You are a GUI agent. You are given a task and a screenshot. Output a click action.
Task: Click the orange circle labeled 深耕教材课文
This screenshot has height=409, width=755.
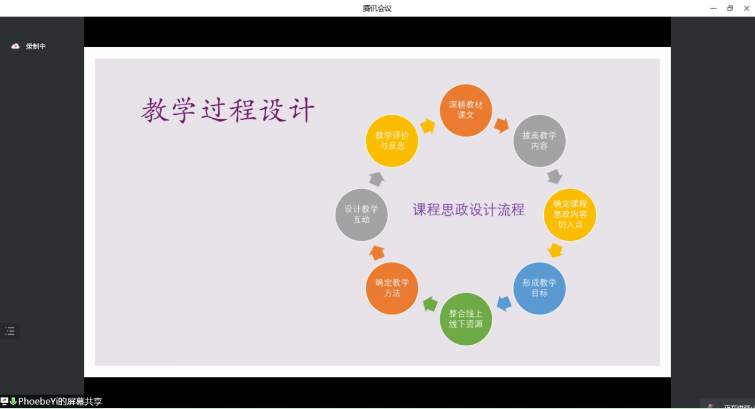tap(466, 110)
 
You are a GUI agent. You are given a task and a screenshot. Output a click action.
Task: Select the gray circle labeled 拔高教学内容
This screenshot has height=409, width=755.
tap(539, 141)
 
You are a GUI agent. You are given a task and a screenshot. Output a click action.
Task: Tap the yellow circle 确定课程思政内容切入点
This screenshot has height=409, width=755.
tap(570, 215)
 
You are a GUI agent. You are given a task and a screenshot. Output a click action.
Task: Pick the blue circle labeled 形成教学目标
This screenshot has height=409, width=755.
tap(539, 288)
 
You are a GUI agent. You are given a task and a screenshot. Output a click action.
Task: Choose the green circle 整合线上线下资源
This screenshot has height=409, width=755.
tap(466, 319)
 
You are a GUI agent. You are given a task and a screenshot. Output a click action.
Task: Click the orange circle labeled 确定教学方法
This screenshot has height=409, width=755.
tap(392, 288)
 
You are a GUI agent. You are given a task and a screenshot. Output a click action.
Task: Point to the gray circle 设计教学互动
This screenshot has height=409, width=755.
tap(361, 215)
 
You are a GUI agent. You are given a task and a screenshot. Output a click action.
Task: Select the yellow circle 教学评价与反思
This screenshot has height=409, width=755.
tap(392, 141)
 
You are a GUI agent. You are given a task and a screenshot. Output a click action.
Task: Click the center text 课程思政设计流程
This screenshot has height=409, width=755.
tap(468, 210)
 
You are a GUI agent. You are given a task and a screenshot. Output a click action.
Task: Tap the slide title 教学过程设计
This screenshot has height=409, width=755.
tap(228, 110)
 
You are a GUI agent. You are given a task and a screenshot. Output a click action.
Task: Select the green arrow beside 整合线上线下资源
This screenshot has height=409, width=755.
tap(430, 304)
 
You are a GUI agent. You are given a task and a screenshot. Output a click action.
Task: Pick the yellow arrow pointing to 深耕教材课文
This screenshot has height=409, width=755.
tap(428, 126)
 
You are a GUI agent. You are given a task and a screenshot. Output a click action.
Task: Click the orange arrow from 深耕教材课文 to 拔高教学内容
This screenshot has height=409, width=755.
tap(502, 125)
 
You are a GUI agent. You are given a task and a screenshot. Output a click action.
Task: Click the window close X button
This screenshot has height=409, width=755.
tap(747, 8)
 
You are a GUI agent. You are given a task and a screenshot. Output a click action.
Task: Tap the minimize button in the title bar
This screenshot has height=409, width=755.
tap(713, 8)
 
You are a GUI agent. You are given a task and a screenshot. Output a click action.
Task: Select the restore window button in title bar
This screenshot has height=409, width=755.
tap(730, 8)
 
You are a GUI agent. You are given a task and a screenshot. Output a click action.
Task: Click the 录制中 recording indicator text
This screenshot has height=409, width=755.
tap(36, 46)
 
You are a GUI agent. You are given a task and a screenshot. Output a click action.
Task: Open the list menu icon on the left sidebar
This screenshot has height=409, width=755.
tap(10, 331)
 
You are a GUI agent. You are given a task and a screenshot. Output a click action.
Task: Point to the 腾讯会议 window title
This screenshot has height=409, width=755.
tap(377, 8)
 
